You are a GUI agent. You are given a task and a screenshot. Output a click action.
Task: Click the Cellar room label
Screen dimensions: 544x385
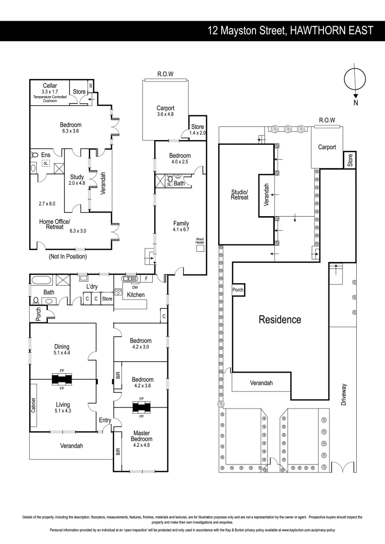(49, 86)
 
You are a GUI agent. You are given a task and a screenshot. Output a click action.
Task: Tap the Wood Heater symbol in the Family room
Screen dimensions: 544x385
(200, 248)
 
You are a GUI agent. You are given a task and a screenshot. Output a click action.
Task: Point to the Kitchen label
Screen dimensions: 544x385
(136, 295)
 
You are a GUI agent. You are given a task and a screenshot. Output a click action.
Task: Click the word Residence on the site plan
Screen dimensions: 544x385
(280, 319)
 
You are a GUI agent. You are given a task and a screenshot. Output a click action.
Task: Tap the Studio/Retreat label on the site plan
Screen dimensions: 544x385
(239, 194)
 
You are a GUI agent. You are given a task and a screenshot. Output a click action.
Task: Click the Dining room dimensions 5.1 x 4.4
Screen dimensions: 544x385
(61, 353)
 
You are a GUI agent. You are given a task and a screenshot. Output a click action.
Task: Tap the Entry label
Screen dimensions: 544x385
(105, 420)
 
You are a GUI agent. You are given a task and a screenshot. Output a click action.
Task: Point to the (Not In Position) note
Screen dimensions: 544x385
(68, 256)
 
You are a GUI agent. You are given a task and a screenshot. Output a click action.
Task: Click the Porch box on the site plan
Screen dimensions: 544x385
(237, 290)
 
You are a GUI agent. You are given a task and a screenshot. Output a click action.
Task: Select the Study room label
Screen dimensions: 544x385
(77, 177)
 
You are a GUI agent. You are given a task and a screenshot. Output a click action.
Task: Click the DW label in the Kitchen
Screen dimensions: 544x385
(128, 288)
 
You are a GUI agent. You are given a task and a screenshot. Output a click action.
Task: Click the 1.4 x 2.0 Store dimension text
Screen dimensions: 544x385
(197, 132)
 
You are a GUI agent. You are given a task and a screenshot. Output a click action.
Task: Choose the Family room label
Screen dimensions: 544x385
(180, 223)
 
